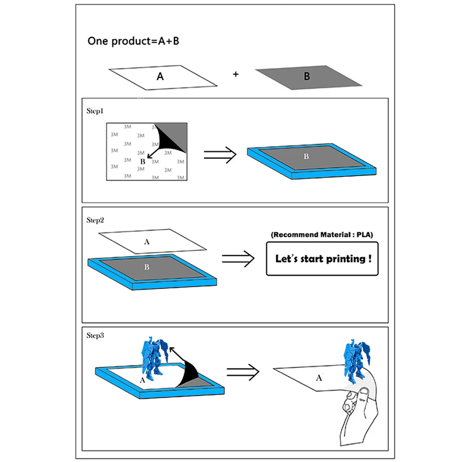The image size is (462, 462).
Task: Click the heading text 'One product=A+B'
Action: (133, 41)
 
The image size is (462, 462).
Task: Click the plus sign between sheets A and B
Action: (235, 74)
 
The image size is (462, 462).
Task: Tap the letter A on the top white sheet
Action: (160, 77)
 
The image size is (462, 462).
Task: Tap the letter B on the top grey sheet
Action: (307, 76)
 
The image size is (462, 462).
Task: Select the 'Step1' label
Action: (95, 111)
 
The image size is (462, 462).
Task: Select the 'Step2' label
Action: (95, 220)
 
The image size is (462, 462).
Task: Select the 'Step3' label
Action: (95, 335)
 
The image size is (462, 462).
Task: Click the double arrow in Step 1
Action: (220, 155)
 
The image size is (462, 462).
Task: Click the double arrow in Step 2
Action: (238, 259)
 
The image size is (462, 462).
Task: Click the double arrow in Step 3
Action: (243, 372)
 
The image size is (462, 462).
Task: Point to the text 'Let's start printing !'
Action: (323, 259)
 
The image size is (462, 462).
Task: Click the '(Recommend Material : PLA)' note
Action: (322, 235)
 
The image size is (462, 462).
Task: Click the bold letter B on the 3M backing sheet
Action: (143, 162)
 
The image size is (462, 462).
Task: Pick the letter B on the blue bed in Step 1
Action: (306, 156)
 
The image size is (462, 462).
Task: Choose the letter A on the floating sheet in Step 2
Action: (147, 242)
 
